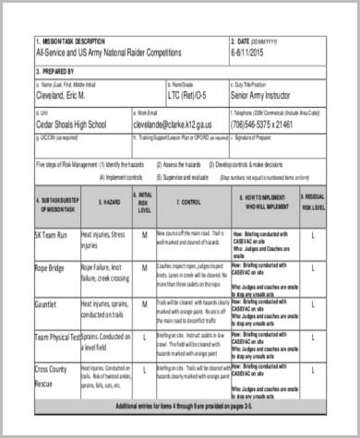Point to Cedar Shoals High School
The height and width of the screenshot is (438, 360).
(76, 123)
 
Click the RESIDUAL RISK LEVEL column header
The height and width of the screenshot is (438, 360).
(313, 202)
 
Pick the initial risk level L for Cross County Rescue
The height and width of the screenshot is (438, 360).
(145, 373)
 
